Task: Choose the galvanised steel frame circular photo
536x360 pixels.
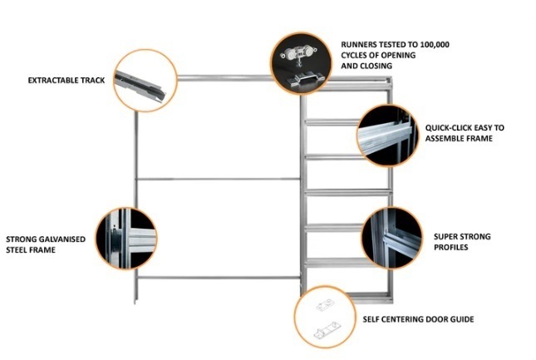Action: click(126, 238)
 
